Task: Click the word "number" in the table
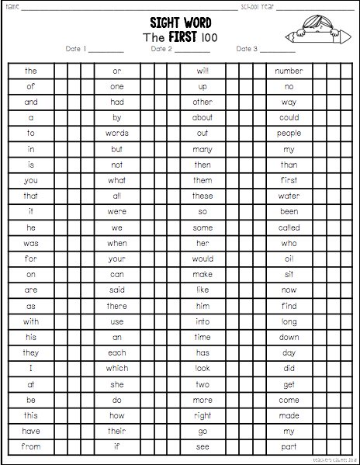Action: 289,71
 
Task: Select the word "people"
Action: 289,134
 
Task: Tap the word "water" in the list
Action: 289,196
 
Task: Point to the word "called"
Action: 289,227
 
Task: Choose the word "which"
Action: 117,368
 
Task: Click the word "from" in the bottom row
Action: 31,446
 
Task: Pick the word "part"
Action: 289,446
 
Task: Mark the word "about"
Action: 202,118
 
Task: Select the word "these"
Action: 202,196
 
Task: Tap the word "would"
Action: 202,259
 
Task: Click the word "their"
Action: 117,431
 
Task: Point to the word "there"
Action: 117,306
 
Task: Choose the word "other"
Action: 202,102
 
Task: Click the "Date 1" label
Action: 76,49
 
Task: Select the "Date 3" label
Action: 247,49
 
